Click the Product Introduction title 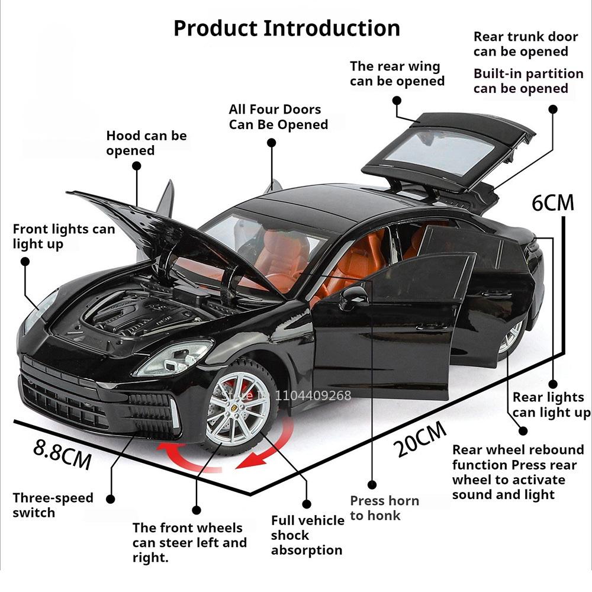[x=287, y=28]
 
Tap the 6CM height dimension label [x=553, y=202]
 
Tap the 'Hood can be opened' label [x=146, y=143]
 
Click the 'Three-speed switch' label [x=53, y=505]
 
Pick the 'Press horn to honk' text [x=384, y=508]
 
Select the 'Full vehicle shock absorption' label [x=307, y=535]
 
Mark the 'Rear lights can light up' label [x=551, y=405]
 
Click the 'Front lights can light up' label [x=64, y=236]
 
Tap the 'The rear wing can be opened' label [x=397, y=73]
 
